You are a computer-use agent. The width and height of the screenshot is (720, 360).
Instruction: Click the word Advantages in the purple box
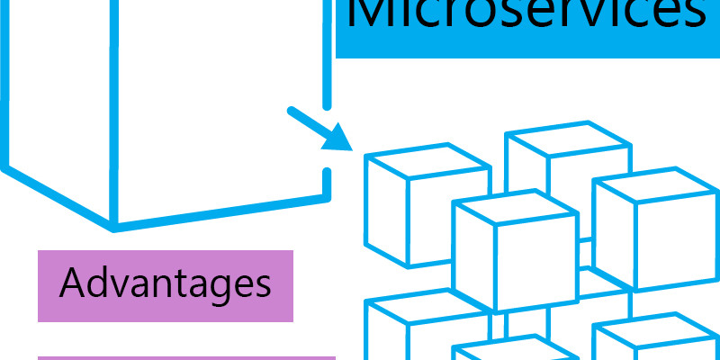coord(165,283)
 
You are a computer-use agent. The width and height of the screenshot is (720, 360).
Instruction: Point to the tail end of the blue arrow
coord(291,111)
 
